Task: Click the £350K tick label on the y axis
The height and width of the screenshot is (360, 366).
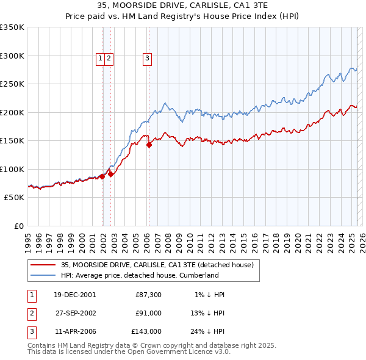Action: coord(12,27)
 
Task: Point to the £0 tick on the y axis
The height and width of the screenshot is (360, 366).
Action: coord(18,226)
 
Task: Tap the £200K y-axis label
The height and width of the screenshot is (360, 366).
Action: coord(12,112)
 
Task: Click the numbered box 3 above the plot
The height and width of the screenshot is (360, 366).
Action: coord(148,59)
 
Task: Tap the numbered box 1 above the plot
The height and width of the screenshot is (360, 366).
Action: coord(99,59)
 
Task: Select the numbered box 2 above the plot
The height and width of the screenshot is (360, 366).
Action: coord(108,59)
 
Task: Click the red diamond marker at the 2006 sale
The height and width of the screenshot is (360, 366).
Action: coord(149,145)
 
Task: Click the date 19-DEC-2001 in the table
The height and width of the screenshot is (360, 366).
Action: coord(74,295)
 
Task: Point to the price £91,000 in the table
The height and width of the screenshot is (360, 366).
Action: coord(148,314)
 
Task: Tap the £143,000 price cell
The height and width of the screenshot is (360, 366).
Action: coord(146,332)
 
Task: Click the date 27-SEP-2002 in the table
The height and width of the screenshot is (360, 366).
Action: coord(74,314)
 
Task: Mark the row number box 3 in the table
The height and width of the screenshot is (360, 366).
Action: coord(30,332)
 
